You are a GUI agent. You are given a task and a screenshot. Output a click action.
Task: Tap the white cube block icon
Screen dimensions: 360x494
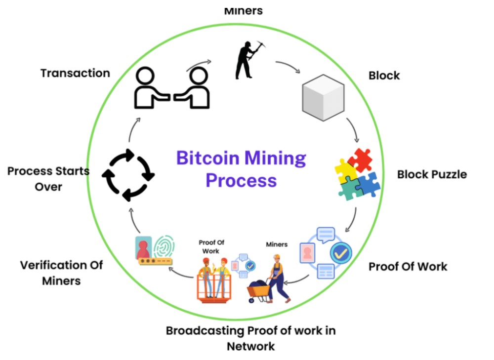323,97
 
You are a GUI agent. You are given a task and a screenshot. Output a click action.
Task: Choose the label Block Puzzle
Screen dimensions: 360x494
432,174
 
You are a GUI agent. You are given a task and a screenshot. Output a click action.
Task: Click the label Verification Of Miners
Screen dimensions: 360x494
61,273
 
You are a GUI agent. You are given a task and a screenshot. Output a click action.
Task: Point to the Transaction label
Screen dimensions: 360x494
75,73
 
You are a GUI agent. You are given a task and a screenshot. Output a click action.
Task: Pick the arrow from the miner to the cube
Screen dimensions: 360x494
288,67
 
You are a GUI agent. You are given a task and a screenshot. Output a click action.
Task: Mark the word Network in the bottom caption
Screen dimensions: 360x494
250,346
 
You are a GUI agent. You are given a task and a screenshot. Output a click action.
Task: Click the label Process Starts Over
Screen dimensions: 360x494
48,179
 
